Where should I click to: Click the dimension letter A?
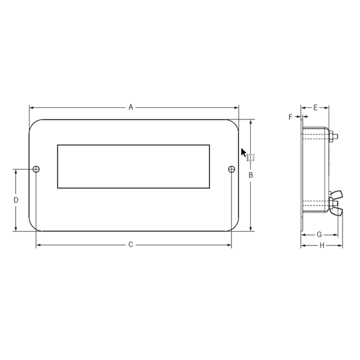(130, 107)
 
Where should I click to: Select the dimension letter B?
(251, 175)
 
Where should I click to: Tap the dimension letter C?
(130, 245)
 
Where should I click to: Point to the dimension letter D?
(16, 200)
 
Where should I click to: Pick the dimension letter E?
(315, 107)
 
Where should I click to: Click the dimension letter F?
(290, 116)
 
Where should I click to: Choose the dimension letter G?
(318, 233)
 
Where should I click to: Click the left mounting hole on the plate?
(36, 169)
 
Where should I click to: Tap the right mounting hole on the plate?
(232, 169)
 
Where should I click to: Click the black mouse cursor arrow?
(244, 153)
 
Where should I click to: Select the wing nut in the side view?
(335, 202)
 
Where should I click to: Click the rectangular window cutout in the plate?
(133, 166)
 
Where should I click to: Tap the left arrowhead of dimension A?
(31, 107)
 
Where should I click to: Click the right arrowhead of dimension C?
(229, 245)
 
